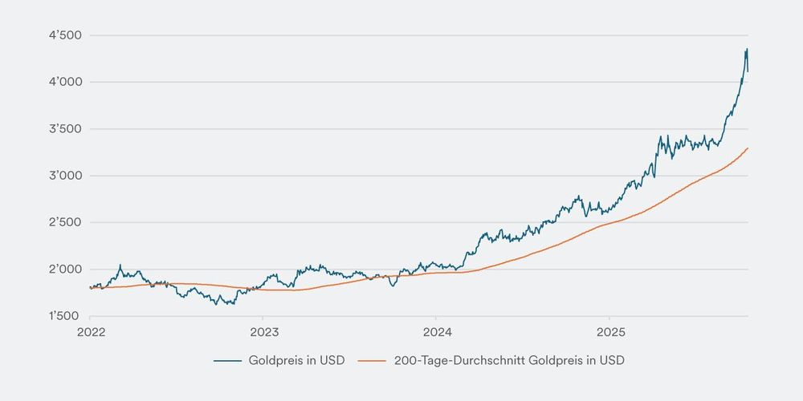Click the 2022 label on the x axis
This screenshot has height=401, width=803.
[x=90, y=330]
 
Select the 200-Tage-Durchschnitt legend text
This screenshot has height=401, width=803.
[x=509, y=361]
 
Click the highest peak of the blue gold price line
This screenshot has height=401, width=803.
[x=746, y=49]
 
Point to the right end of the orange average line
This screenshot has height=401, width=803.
[x=748, y=148]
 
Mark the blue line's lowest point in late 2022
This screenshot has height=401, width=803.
[x=230, y=305]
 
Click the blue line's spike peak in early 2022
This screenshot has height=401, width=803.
[x=120, y=265]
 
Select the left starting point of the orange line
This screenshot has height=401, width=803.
[x=90, y=288]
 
